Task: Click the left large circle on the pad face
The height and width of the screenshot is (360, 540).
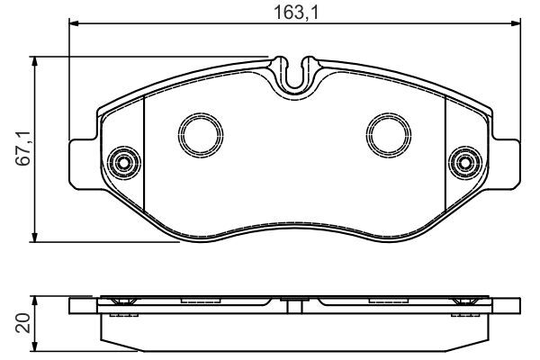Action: [x=196, y=133]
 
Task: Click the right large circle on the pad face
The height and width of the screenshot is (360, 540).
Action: [x=387, y=133]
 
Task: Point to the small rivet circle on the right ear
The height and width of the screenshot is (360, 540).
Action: [x=464, y=162]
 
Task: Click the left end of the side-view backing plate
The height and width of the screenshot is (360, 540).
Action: [x=72, y=306]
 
